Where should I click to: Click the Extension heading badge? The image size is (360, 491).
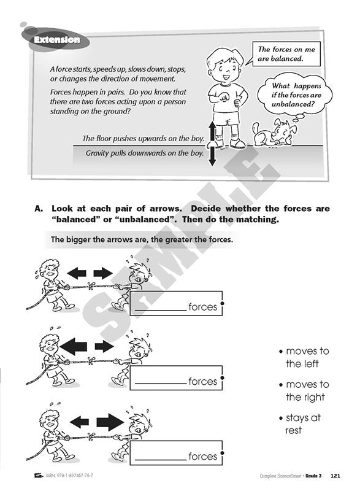click(56, 40)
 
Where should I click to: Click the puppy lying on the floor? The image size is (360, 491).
click(272, 133)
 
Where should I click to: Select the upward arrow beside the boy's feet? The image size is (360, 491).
click(212, 133)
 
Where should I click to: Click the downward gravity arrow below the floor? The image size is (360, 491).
click(212, 155)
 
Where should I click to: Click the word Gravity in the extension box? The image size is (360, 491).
click(98, 153)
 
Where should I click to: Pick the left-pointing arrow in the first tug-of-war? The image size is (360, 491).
click(77, 273)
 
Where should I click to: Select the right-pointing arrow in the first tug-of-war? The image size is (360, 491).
click(103, 273)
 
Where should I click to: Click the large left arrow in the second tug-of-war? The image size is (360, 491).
click(73, 346)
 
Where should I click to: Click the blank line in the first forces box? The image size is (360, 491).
click(161, 311)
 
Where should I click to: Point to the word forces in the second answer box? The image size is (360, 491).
click(202, 381)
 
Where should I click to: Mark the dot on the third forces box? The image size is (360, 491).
click(223, 453)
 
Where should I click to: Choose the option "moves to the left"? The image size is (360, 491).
click(304, 357)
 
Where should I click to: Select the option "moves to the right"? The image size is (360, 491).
click(304, 390)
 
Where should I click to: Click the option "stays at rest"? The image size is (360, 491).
click(300, 423)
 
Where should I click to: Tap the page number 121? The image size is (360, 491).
click(335, 476)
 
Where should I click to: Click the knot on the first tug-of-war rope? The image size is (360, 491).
click(91, 285)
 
